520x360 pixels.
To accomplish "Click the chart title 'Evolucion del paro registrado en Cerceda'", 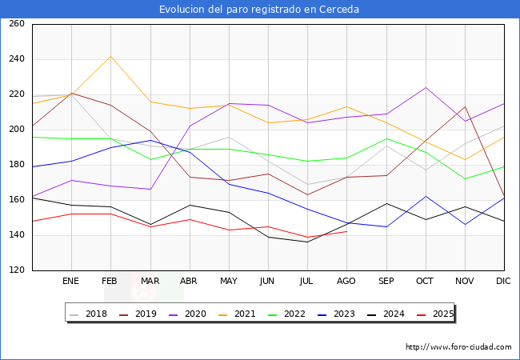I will pyautogui.click(x=259, y=10).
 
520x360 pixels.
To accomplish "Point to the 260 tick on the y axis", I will pyautogui.click(x=17, y=24).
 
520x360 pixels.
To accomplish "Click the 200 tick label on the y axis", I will pyautogui.click(x=17, y=130).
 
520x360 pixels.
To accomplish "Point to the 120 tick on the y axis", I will pyautogui.click(x=17, y=270).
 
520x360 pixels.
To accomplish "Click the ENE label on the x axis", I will pyautogui.click(x=71, y=282).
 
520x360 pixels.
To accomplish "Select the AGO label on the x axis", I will pyautogui.click(x=346, y=282).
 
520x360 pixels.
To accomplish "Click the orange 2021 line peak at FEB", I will pyautogui.click(x=110, y=56).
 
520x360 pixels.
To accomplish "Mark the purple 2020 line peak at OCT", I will pyautogui.click(x=426, y=87).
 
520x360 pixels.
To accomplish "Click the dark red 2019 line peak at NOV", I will pyautogui.click(x=465, y=106).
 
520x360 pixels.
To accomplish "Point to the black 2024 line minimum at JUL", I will pyautogui.click(x=307, y=242).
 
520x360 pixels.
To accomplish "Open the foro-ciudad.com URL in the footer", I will pyautogui.click(x=458, y=347).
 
